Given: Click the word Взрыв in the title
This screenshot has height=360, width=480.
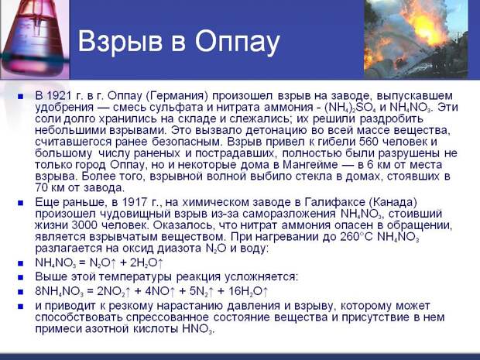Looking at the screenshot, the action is [x=120, y=42].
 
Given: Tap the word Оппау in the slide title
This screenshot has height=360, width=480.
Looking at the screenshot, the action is [x=238, y=42].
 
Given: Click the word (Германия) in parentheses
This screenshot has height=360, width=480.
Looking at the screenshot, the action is [x=177, y=96].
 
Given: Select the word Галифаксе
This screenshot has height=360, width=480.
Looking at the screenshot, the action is [x=334, y=203].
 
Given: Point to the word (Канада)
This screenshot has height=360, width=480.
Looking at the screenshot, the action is [x=393, y=203].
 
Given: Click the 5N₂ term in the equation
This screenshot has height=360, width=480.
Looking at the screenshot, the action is [x=197, y=291].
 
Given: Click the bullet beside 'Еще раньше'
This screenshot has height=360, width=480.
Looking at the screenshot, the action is [x=20, y=203].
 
